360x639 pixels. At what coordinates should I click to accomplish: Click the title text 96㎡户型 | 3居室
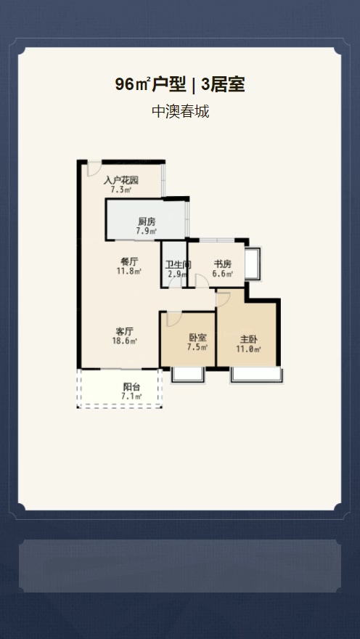179,84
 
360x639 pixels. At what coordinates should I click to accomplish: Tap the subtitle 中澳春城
180,111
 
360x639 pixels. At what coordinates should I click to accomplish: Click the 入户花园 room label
121,180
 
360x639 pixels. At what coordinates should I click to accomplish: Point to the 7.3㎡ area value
120,190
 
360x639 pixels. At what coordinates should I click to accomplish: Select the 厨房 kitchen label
147,222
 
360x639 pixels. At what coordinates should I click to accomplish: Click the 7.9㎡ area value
147,232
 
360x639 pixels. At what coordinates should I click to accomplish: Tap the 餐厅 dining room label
129,262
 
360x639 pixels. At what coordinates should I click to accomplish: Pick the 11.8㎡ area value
129,272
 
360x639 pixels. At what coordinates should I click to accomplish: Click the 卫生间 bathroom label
178,264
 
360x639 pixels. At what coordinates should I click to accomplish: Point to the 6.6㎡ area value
223,274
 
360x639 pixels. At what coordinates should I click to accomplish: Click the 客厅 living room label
125,331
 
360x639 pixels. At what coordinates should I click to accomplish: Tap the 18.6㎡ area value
125,341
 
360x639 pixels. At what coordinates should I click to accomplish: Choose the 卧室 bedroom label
197,338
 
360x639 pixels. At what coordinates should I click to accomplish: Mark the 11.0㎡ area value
248,349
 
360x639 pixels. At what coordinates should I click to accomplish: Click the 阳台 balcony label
131,387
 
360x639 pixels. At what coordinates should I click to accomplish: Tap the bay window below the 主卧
256,375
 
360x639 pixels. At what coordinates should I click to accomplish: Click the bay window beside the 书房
253,264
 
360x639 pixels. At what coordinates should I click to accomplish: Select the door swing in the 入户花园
94,168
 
